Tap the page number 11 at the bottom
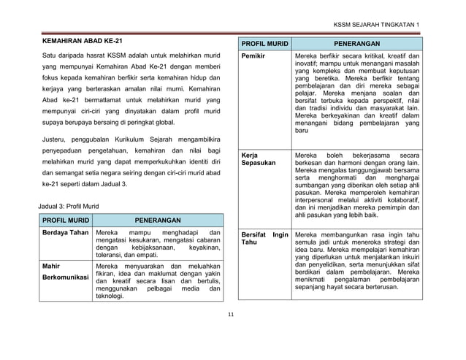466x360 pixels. pos(231,315)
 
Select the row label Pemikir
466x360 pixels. pos(253,56)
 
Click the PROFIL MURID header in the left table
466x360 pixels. pos(65,219)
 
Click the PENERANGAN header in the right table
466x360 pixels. pos(356,44)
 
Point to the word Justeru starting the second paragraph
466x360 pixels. pos(55,137)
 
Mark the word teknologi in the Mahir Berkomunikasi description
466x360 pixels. pos(112,296)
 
